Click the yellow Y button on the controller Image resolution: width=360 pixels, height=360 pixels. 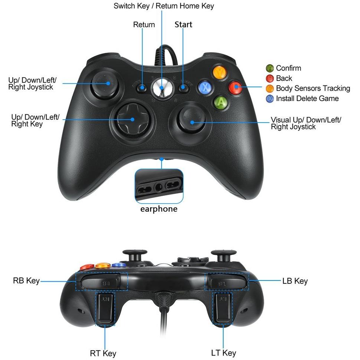[220, 72]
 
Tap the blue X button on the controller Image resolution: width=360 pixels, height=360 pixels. [205, 87]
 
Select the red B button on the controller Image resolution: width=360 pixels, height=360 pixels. [235, 87]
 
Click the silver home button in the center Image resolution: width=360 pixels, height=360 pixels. [162, 87]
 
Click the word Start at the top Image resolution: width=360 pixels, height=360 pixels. [183, 25]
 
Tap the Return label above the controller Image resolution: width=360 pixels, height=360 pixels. [144, 25]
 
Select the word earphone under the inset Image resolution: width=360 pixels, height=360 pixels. [159, 209]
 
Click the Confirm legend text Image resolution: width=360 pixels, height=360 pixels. [288, 68]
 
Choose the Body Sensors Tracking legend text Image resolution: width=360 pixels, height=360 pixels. [313, 88]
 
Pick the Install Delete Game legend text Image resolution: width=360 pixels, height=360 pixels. [307, 98]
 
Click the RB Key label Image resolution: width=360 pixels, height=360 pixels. [26, 281]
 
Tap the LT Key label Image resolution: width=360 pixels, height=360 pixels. [223, 353]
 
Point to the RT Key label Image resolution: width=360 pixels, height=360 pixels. [103, 353]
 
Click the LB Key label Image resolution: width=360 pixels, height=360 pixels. [295, 281]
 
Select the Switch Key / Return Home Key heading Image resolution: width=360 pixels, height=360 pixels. [164, 6]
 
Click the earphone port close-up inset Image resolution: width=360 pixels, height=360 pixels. [159, 186]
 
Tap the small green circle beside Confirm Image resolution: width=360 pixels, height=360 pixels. [270, 68]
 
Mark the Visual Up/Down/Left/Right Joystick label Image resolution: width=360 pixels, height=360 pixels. [306, 123]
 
